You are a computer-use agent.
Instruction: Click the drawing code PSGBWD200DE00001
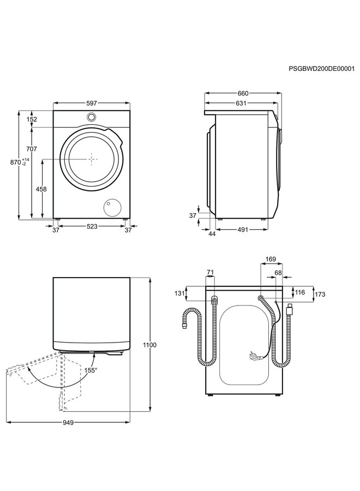(322, 69)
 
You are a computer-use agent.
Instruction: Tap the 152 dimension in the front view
(32, 119)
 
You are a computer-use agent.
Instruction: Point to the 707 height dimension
(32, 149)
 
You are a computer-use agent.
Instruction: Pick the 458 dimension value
(41, 189)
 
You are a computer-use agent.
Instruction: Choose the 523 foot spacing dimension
(92, 226)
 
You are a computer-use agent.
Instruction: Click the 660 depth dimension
(243, 93)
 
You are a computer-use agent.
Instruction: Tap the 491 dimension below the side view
(242, 230)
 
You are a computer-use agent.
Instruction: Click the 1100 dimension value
(149, 345)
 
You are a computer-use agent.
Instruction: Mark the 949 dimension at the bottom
(68, 422)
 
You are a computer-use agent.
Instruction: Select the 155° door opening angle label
(91, 370)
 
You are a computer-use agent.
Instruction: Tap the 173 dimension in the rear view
(320, 295)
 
